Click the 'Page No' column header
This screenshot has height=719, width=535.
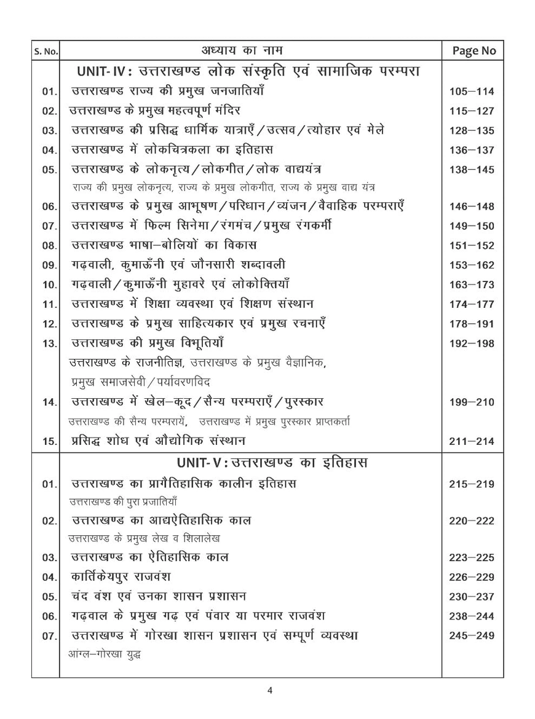pyautogui.click(x=473, y=51)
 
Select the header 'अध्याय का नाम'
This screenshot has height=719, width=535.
pyautogui.click(x=250, y=50)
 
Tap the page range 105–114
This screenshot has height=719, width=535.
pyautogui.click(x=472, y=92)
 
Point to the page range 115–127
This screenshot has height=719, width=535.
pyautogui.click(x=472, y=111)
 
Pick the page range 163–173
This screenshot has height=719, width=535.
pyautogui.click(x=472, y=285)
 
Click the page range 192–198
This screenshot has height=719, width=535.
pyautogui.click(x=472, y=344)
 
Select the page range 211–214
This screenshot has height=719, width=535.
pyautogui.click(x=472, y=441)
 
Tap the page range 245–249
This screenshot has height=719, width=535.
pyautogui.click(x=472, y=635)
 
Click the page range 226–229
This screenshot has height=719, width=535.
pyautogui.click(x=472, y=577)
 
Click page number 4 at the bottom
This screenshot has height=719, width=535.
pyautogui.click(x=269, y=690)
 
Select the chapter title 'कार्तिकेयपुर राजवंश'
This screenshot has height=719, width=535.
pyautogui.click(x=122, y=577)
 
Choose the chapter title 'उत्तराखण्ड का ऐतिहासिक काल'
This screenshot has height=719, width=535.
pyautogui.click(x=151, y=557)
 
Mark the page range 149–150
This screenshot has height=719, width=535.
pyautogui.click(x=472, y=227)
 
